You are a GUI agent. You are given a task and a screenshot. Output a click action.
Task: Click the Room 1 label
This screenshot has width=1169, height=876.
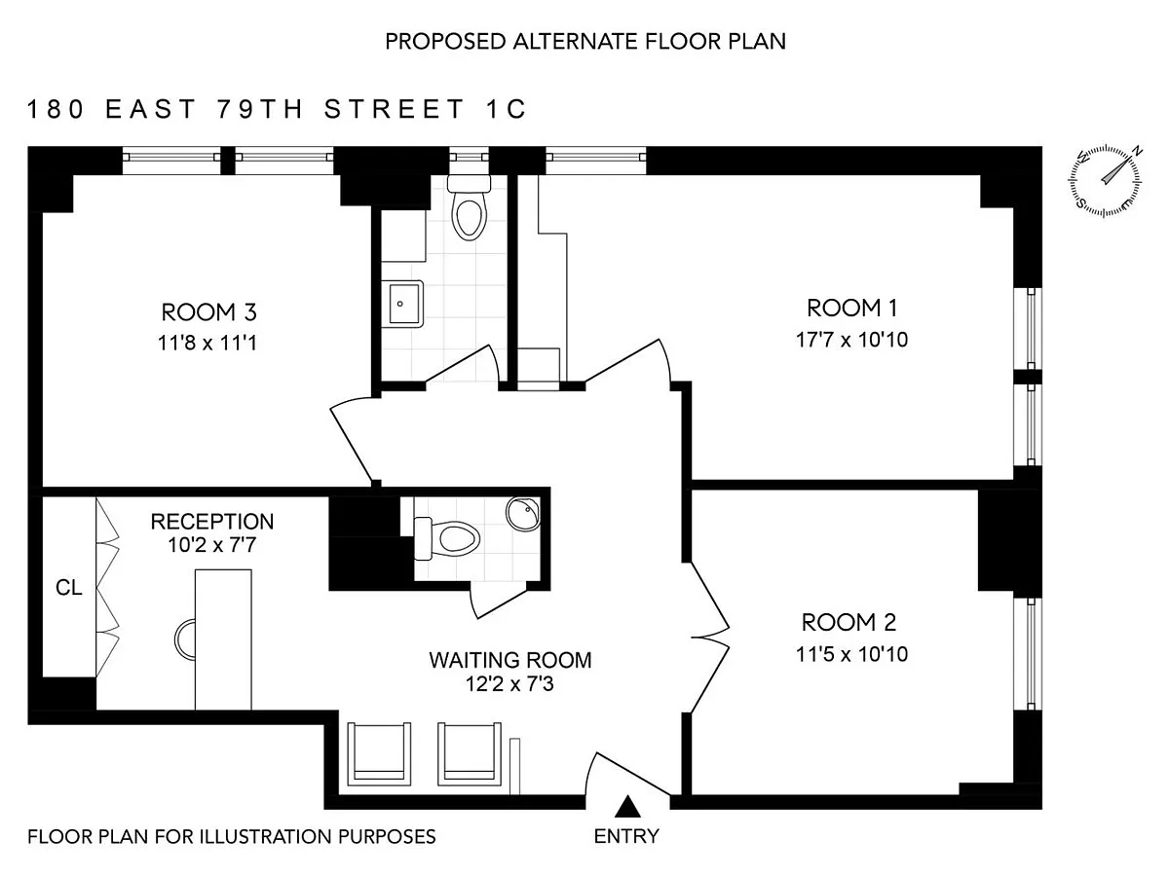click(851, 308)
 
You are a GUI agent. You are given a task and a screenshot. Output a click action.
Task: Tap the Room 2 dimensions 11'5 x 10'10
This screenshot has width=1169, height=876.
click(851, 654)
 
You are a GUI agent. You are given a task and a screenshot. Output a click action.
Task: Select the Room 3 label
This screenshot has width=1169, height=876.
click(208, 312)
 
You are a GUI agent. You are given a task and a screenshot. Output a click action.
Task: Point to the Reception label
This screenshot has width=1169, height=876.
click(212, 522)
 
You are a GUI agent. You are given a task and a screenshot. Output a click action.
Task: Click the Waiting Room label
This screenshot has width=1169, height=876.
click(510, 660)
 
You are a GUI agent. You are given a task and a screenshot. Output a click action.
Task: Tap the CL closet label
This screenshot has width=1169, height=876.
click(69, 588)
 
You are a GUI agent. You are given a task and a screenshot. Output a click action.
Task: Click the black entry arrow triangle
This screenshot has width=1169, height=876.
click(627, 806)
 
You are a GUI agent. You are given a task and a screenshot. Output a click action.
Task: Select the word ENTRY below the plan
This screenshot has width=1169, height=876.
click(626, 836)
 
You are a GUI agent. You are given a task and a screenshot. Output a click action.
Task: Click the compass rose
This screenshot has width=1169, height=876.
click(1105, 181)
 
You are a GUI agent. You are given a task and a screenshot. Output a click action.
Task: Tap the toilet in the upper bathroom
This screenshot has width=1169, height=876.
click(469, 207)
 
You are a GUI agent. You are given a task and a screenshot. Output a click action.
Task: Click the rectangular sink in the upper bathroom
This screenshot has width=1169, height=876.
click(402, 304)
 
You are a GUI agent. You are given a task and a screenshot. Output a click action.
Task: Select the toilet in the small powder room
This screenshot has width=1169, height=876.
click(447, 537)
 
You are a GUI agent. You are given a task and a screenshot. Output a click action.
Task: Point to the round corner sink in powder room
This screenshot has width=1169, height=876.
click(524, 513)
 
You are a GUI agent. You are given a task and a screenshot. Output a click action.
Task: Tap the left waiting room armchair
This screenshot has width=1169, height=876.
click(379, 753)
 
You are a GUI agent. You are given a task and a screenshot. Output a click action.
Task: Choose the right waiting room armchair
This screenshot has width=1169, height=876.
click(470, 753)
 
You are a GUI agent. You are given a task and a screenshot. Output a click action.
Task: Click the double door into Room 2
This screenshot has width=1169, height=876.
click(710, 638)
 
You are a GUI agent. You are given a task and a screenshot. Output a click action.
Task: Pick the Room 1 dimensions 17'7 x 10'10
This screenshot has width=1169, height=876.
click(851, 340)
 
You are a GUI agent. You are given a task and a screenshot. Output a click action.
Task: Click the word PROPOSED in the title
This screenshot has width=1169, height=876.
click(445, 42)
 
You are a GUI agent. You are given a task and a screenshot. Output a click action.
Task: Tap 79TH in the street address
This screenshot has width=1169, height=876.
click(260, 109)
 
